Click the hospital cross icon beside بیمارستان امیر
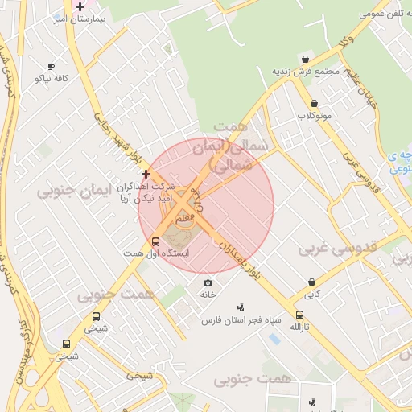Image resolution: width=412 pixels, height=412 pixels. tap(80, 6)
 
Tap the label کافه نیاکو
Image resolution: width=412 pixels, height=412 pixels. tap(50, 78)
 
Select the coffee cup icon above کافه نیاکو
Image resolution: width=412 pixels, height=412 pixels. tap(51, 66)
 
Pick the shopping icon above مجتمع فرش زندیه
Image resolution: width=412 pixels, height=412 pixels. tap(305, 59)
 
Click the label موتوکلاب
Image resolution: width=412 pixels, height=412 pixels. tap(313, 116)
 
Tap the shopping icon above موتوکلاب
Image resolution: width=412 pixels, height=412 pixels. tap(313, 103)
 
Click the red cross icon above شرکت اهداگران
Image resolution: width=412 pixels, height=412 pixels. tap(146, 174)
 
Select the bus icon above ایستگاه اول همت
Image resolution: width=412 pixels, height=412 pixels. tap(155, 241)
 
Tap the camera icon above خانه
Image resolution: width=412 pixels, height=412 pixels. tap(208, 282)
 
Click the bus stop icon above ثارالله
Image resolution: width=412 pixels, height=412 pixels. tap(300, 315)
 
